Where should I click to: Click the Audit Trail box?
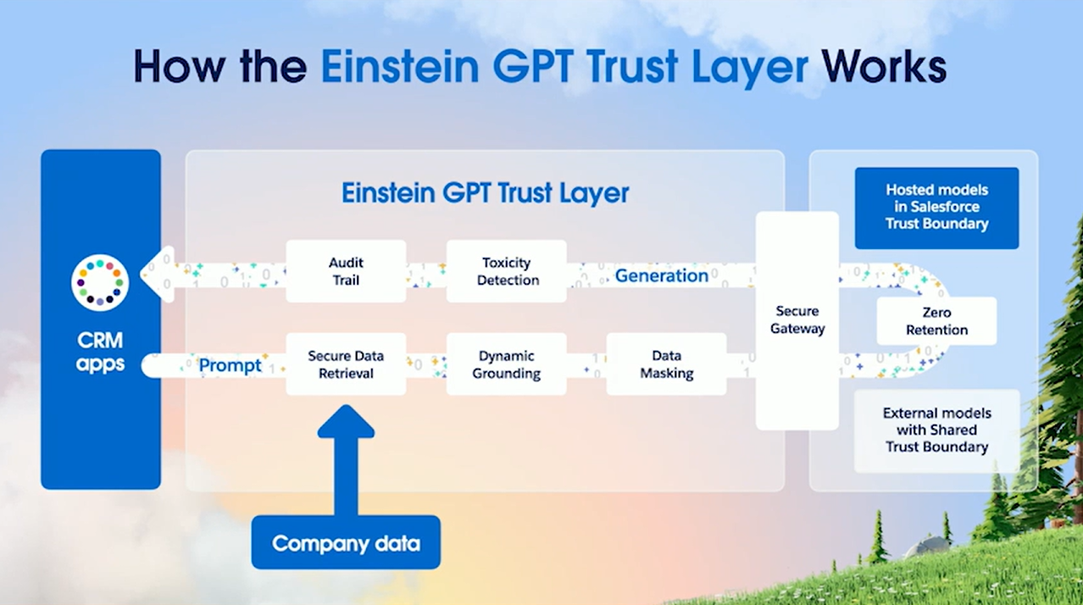tap(346, 271)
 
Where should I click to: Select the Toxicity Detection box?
tap(507, 271)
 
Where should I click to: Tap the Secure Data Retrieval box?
tap(346, 364)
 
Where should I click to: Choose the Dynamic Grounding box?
tap(507, 364)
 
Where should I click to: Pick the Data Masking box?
tap(666, 364)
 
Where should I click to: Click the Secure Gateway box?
tap(797, 320)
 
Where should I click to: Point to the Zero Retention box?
tap(936, 321)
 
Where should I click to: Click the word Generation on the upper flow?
tap(661, 275)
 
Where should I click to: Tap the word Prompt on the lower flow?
tap(230, 366)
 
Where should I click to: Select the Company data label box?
tap(346, 542)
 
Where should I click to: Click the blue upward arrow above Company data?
tap(346, 458)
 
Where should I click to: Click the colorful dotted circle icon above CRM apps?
tap(100, 283)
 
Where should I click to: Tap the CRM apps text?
tap(100, 352)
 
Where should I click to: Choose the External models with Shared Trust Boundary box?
tap(936, 430)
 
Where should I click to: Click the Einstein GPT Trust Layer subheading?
tap(485, 192)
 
